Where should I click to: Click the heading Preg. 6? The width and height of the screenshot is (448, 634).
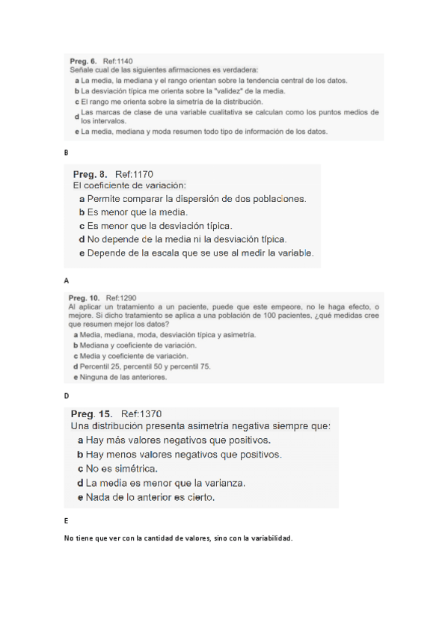click(x=83, y=61)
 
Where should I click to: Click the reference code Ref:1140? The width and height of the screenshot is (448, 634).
click(x=117, y=61)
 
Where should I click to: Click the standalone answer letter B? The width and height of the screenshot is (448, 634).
click(x=67, y=152)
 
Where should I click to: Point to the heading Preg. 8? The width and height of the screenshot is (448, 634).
click(x=90, y=174)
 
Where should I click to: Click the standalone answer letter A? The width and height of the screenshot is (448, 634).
click(x=67, y=280)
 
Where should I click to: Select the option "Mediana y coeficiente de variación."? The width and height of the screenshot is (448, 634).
click(x=138, y=345)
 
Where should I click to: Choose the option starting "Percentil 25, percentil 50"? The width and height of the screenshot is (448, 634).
click(x=146, y=366)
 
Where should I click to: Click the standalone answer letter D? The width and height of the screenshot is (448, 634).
click(x=67, y=395)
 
